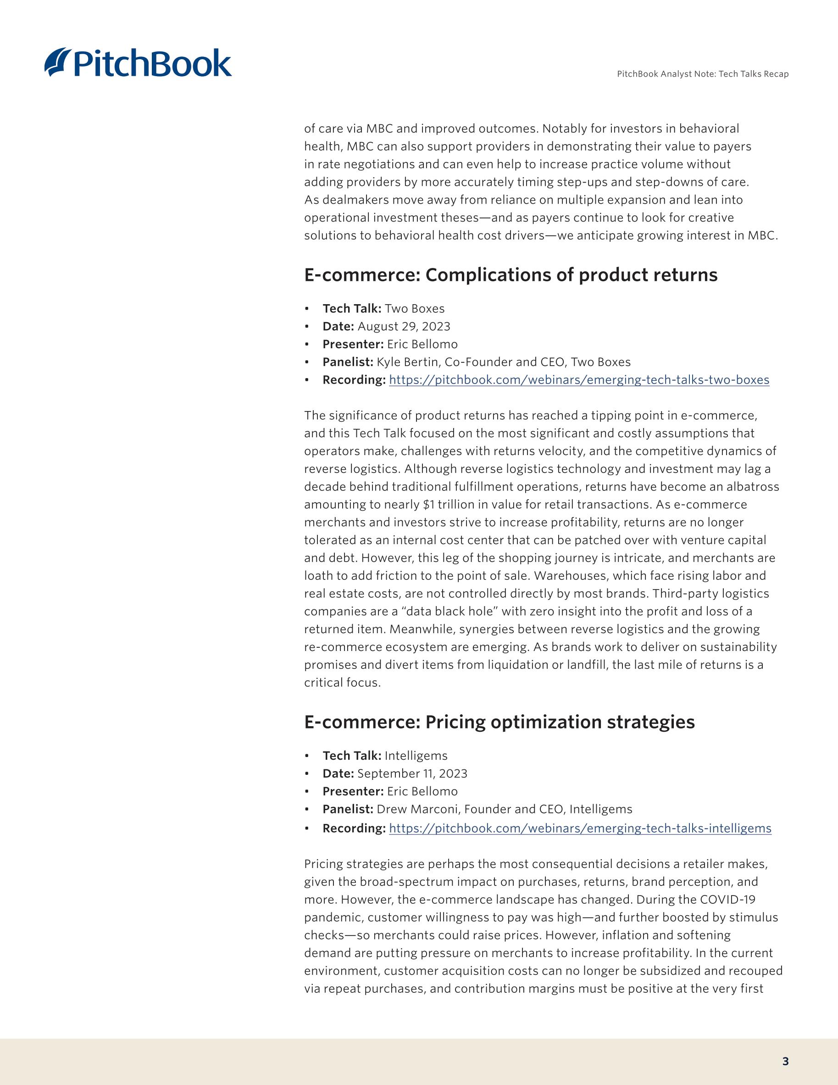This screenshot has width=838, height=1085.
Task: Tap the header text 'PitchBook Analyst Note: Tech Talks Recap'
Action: click(x=702, y=74)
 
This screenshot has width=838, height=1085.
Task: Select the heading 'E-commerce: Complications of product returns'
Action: click(x=511, y=275)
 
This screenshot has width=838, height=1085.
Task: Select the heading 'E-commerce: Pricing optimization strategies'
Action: click(x=499, y=722)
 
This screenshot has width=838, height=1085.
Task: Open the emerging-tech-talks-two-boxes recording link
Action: click(x=579, y=380)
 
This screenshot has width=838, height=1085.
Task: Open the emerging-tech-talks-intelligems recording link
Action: click(x=580, y=828)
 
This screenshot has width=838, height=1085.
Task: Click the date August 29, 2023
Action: click(x=404, y=326)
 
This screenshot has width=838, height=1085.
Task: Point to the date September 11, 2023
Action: click(x=412, y=773)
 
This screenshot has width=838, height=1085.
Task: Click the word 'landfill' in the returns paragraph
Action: click(x=587, y=665)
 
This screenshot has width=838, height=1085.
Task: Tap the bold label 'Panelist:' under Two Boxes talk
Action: click(x=348, y=362)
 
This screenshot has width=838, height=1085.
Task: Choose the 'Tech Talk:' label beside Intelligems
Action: click(x=352, y=756)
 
